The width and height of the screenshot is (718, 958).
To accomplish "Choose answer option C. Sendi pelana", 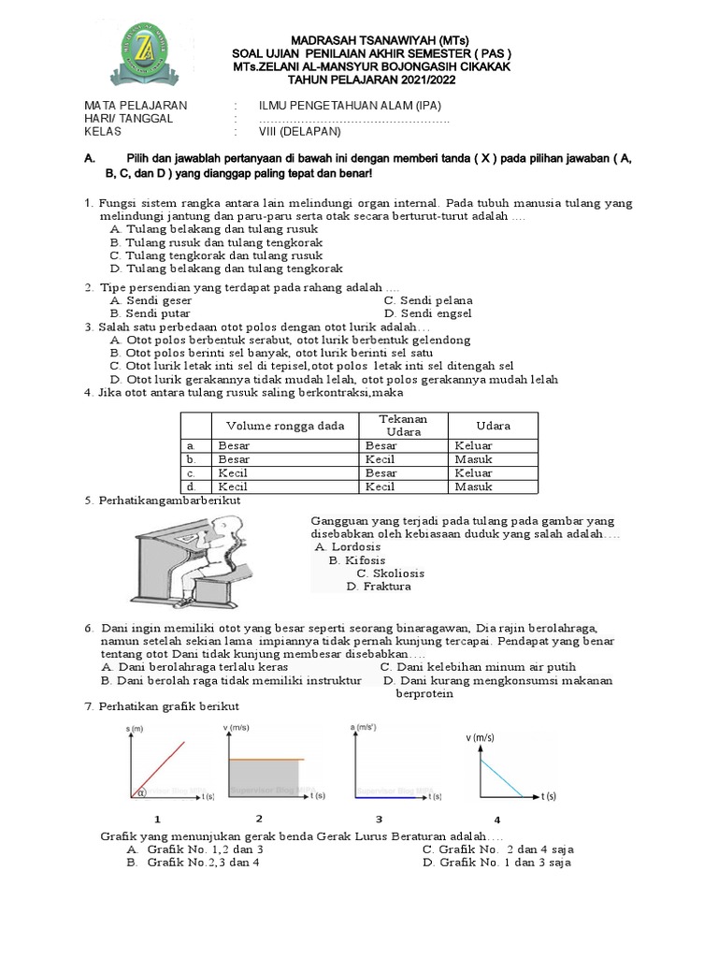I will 429,300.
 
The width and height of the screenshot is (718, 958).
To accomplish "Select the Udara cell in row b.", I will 473,459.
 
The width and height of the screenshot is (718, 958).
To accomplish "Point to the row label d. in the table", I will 193,486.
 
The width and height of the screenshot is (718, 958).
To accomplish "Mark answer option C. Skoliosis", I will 391,573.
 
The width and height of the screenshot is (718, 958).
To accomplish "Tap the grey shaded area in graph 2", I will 266,777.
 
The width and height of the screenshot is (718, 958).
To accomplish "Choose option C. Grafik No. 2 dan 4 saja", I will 497,849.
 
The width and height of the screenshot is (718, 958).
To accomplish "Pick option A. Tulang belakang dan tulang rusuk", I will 213,228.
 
